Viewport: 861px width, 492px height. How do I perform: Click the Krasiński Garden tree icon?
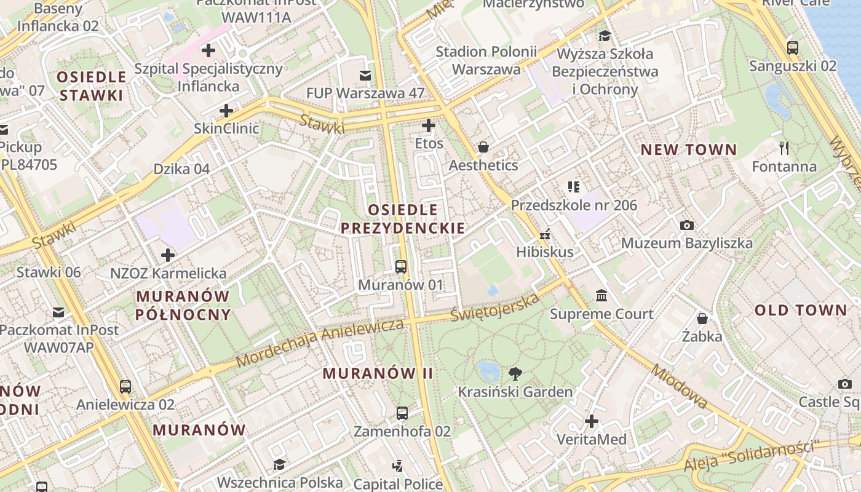coord(515,373)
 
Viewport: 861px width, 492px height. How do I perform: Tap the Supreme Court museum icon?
coord(601,296)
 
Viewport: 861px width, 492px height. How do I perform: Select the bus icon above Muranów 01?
coord(401,267)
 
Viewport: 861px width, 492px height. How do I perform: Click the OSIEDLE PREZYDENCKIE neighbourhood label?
coord(403,219)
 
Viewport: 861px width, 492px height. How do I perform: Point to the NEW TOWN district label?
coord(688,149)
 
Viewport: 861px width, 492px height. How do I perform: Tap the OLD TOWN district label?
coord(801,310)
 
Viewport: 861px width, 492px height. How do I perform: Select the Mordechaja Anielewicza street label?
coord(320,343)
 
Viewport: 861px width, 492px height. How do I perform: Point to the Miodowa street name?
coord(680,386)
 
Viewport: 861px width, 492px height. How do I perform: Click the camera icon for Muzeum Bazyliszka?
coord(687,225)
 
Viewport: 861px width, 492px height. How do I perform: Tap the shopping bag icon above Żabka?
coord(702,319)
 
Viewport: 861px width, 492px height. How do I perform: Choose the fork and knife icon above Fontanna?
coord(784,148)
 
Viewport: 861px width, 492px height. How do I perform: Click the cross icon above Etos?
coord(429,126)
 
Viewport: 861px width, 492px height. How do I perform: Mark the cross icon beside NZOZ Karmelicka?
coord(168,255)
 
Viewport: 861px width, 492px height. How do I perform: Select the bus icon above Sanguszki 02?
coord(793,47)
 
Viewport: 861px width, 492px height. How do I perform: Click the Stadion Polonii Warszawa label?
coord(486,60)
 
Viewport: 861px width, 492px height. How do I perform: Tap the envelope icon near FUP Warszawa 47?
coord(365,75)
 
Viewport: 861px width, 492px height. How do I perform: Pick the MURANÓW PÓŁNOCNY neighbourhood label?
coord(183,305)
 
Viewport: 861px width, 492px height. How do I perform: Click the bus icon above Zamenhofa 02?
coord(402,413)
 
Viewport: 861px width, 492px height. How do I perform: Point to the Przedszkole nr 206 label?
coord(574,205)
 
